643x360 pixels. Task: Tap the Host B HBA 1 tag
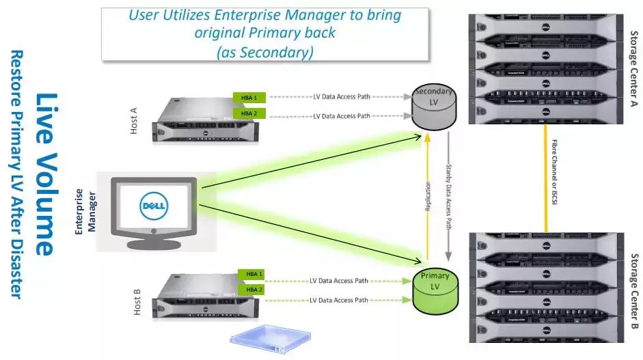click(x=251, y=275)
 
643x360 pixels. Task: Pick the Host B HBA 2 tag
click(x=251, y=290)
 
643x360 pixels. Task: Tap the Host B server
click(x=197, y=298)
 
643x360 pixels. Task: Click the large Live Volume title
click(x=46, y=174)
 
